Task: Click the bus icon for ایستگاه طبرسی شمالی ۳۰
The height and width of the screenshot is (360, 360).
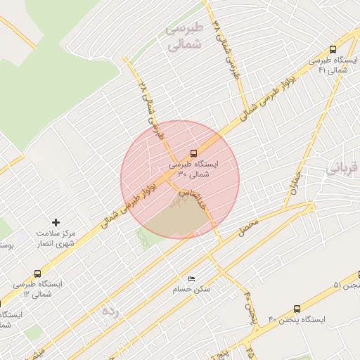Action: [193, 153]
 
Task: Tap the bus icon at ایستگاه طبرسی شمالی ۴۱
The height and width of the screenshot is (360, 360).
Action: [333, 50]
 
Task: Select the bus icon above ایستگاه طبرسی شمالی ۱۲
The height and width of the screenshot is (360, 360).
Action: [37, 274]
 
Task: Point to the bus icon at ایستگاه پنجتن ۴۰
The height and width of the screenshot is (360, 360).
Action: [297, 309]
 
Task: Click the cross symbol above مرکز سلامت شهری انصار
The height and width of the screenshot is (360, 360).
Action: [57, 222]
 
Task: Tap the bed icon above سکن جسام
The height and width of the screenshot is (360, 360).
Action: [192, 278]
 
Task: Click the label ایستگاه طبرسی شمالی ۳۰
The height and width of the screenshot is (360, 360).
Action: [193, 168]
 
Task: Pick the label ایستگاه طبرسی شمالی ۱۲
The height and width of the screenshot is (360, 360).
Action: [37, 288]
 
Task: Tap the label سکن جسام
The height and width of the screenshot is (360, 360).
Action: [192, 289]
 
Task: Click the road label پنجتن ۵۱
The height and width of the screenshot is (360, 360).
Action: [347, 285]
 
